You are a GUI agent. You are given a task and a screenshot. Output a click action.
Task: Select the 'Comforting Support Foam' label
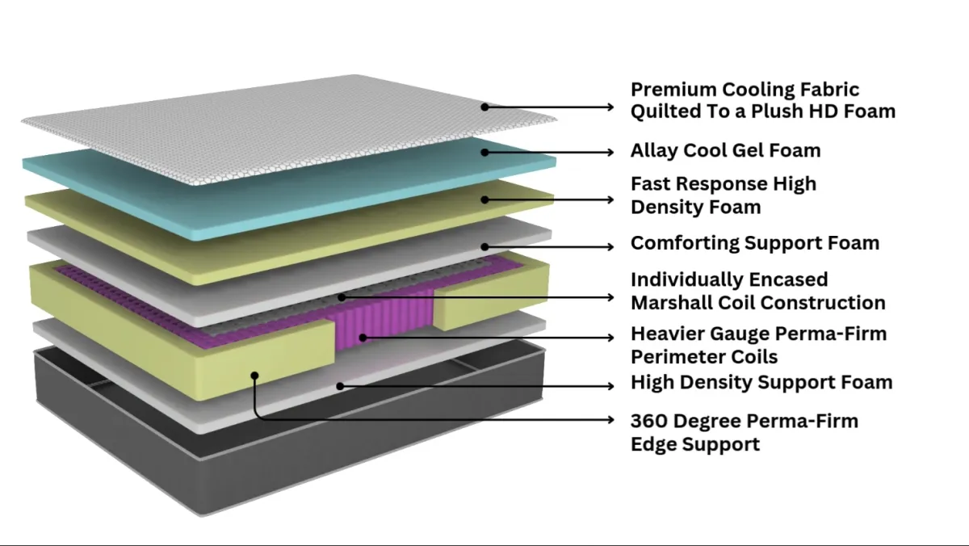click(x=754, y=243)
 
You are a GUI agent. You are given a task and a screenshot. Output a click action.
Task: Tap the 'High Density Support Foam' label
click(x=761, y=382)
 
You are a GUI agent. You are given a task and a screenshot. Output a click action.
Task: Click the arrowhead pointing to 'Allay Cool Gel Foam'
click(x=610, y=151)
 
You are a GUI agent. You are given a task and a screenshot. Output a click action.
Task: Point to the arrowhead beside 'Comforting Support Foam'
click(x=610, y=246)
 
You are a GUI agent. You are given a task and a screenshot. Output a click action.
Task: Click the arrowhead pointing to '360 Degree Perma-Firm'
click(x=610, y=419)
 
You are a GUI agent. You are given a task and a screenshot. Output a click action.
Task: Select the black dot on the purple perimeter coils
click(x=362, y=336)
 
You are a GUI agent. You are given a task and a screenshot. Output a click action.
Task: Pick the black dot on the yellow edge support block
click(x=254, y=374)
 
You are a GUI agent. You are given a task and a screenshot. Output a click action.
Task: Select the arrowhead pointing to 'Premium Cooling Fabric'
click(x=610, y=106)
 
